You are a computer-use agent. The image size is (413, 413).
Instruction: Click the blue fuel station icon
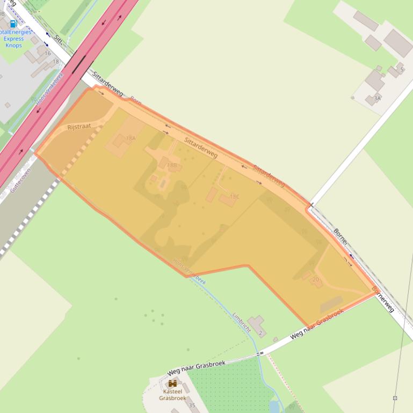tap(13, 24)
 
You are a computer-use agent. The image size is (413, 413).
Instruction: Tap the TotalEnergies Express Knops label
tap(15, 39)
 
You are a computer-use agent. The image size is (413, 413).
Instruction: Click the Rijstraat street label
tap(79, 127)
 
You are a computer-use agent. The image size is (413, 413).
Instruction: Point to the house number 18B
tap(171, 165)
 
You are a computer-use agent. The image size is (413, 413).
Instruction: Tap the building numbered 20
tap(316, 279)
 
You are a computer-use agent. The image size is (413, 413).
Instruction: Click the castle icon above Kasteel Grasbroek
tap(172, 383)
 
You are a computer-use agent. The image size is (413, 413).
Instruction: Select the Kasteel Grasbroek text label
tap(172, 395)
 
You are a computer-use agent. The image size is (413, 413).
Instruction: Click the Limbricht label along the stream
tap(242, 322)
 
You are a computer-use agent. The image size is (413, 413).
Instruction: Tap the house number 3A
tap(377, 98)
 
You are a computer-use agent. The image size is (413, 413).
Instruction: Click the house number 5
tap(401, 70)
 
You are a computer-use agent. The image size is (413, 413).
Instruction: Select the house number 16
tap(48, 54)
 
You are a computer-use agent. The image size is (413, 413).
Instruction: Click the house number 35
tap(192, 405)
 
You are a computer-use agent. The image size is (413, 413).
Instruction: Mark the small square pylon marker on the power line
tap(395, 398)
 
